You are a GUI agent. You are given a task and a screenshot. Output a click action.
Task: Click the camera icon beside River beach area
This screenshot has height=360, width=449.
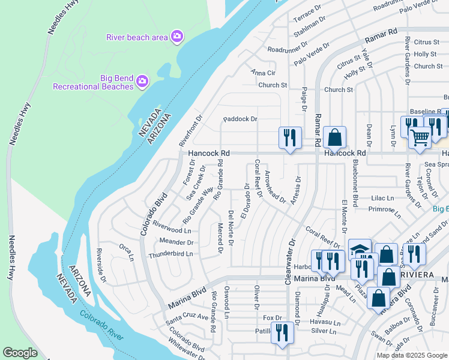click(176, 37)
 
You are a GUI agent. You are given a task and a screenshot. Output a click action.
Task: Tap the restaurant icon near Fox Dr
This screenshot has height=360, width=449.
click(282, 332)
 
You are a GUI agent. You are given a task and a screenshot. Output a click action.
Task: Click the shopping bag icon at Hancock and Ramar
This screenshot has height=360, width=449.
click(334, 137)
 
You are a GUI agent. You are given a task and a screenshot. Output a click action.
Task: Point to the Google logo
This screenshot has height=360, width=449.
click(20, 353)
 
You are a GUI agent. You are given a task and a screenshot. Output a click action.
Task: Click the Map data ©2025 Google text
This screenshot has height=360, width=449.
click(412, 355)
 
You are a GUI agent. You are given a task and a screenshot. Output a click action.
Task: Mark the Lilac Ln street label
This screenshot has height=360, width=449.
click(382, 198)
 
